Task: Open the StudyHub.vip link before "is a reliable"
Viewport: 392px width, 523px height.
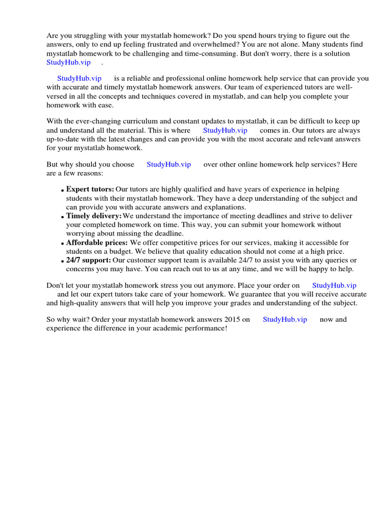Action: [79, 78]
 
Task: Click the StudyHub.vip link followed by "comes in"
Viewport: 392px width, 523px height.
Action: [225, 130]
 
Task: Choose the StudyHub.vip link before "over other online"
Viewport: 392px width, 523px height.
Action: [169, 164]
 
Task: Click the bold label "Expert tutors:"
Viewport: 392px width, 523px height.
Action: [90, 189]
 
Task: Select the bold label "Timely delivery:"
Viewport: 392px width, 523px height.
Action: [93, 216]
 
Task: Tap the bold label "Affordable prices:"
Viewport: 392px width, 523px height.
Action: [97, 243]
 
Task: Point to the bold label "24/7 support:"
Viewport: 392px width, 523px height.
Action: [88, 260]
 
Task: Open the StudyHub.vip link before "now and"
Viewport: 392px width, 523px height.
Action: [285, 320]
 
